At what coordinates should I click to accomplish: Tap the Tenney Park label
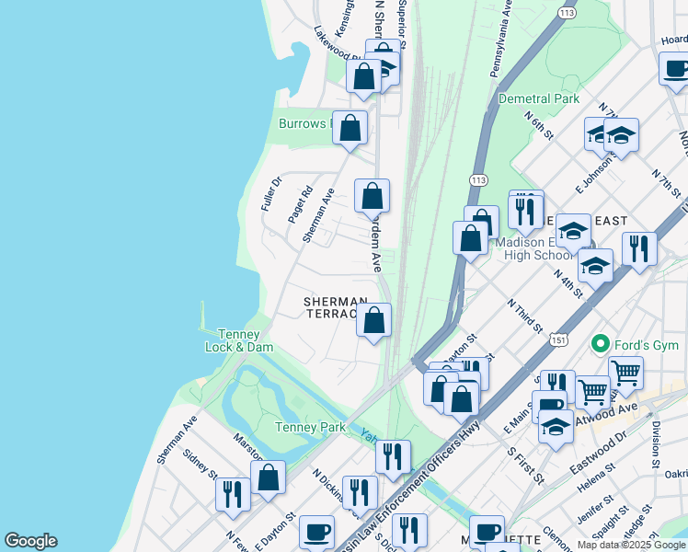click(x=310, y=427)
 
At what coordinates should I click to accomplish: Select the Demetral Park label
click(x=539, y=98)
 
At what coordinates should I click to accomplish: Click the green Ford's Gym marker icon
click(x=601, y=345)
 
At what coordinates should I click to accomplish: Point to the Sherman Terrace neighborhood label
click(x=336, y=307)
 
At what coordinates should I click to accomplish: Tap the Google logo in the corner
click(x=30, y=541)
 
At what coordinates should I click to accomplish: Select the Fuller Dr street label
click(x=270, y=193)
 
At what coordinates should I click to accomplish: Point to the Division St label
click(x=656, y=442)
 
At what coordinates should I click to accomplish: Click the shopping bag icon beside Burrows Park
click(x=350, y=129)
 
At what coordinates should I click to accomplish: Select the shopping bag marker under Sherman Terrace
click(x=374, y=322)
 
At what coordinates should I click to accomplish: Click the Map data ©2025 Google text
click(x=632, y=545)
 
